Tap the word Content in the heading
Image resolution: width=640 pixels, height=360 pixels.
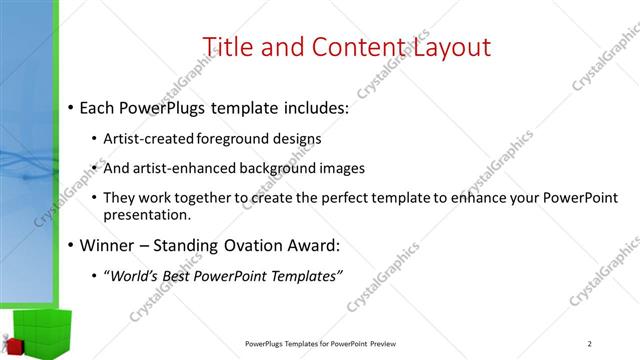349,47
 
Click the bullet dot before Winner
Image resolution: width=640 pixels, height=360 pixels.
71,245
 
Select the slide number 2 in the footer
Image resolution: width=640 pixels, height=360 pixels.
590,344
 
